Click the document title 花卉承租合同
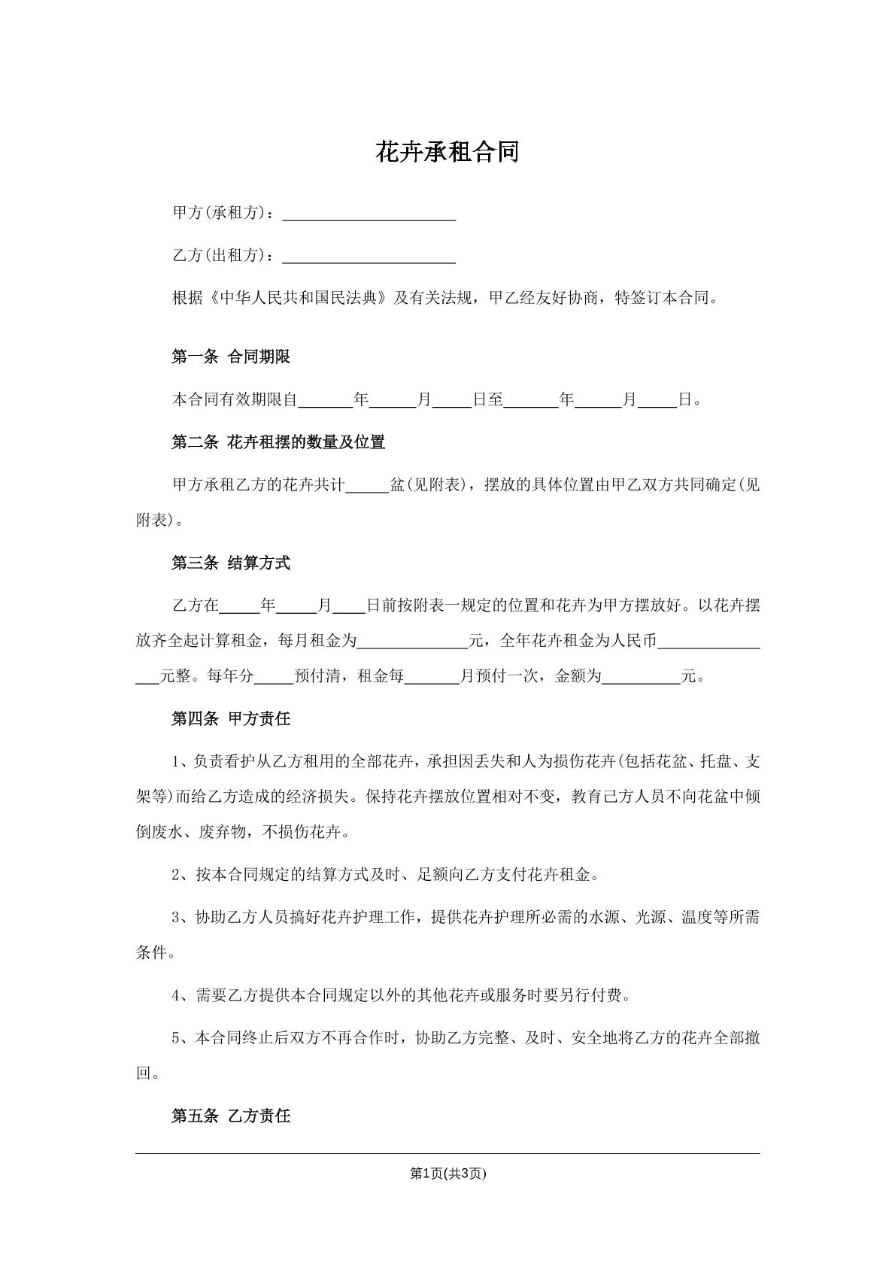coord(447,153)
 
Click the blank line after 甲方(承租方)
coord(369,214)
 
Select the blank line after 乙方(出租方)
coord(369,257)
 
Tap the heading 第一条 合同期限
coord(231,357)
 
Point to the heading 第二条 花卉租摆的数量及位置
coord(278,442)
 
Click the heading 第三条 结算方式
coord(231,563)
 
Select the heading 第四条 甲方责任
coord(231,718)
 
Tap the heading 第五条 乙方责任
coord(231,1116)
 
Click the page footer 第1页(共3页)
coord(447,1173)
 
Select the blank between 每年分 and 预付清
coord(274,677)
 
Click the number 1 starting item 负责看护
coord(177,761)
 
